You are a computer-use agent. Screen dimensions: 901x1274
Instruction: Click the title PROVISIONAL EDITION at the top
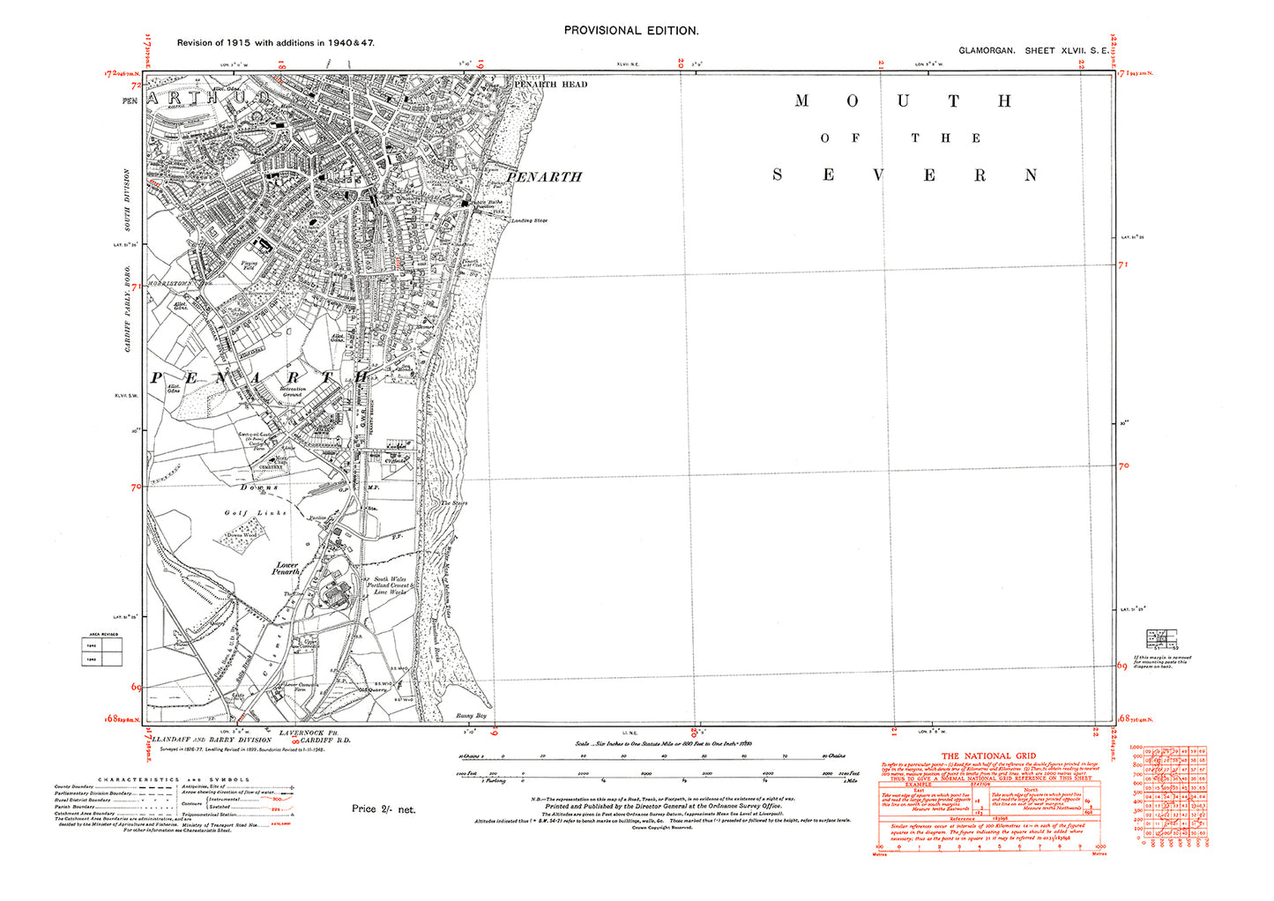coord(630,30)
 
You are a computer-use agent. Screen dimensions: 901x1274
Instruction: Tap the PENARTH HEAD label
coord(551,85)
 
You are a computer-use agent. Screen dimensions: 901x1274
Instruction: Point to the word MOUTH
coord(903,101)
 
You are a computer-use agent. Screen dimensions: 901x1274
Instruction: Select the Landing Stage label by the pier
coord(529,220)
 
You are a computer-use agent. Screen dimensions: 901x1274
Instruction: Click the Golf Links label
coord(256,513)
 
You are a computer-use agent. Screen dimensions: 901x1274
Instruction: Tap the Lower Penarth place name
coord(287,569)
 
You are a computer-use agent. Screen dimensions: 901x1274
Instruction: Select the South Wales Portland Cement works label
coord(389,586)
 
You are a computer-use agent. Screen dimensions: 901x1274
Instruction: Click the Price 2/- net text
coord(383,809)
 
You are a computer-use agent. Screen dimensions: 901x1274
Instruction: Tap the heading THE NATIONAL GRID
coord(988,756)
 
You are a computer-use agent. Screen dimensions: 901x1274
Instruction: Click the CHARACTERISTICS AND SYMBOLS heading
coord(174,779)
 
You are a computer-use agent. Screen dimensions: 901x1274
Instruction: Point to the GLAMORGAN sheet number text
coord(1033,51)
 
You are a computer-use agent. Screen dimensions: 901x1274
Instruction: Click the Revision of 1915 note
coord(275,42)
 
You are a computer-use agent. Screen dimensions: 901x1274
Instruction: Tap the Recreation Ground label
coord(293,391)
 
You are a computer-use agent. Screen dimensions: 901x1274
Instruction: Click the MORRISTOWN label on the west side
coord(169,284)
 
